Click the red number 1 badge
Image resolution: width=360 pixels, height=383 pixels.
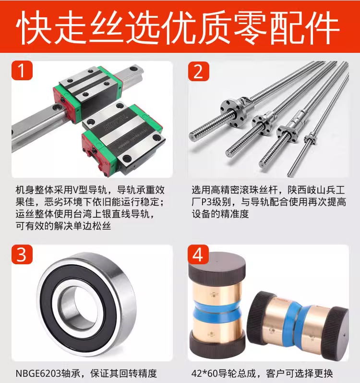tap(22, 70)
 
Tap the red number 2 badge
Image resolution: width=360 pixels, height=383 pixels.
tap(198, 71)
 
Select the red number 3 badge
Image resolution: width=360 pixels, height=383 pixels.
tap(22, 254)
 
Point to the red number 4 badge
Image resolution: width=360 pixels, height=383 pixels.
tap(198, 255)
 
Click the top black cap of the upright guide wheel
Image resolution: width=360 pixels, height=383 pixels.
tap(217, 268)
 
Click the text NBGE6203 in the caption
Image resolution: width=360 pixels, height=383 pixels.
tap(38, 373)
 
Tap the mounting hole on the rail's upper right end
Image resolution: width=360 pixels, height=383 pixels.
tap(133, 68)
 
